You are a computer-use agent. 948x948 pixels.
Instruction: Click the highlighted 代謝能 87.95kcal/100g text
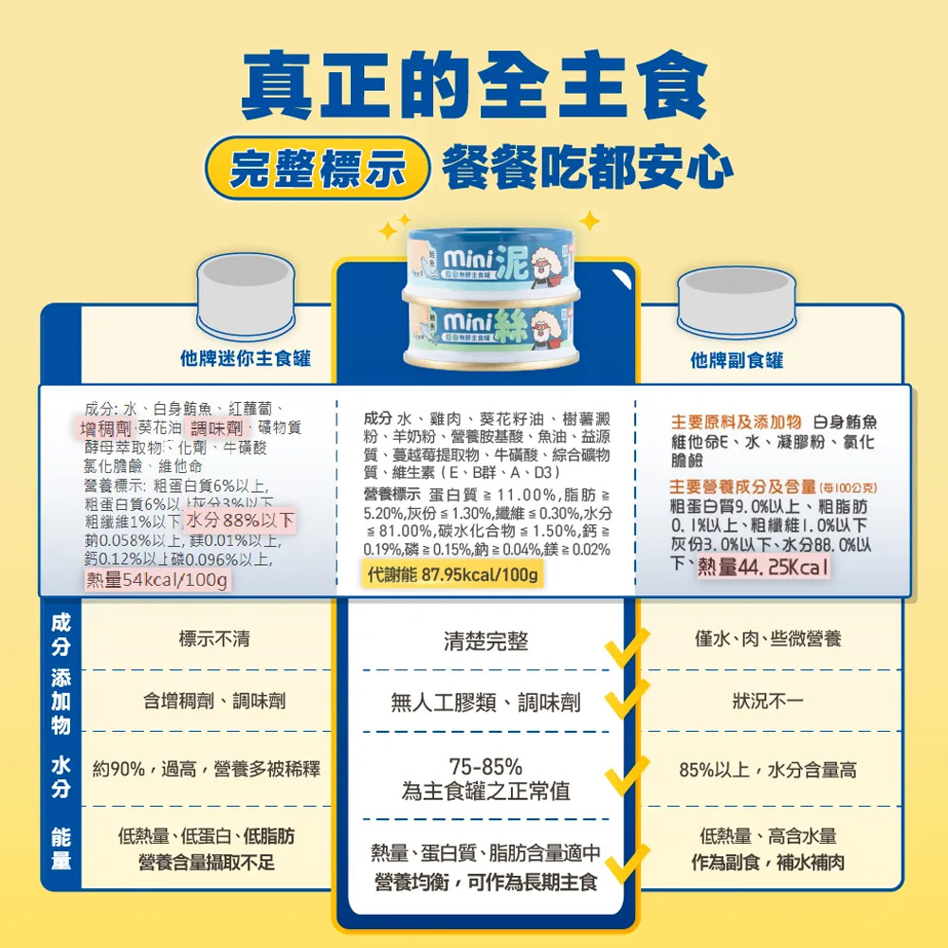tap(453, 575)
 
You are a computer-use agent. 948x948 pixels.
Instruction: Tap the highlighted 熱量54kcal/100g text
tap(156, 580)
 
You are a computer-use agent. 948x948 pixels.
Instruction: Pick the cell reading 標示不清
tap(213, 639)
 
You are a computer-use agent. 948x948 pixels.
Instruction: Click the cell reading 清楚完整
tap(485, 642)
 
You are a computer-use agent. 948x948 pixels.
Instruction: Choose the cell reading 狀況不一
tap(768, 702)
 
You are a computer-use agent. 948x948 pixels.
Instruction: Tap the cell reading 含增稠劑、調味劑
tap(213, 702)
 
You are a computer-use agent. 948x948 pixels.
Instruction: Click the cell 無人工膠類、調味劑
tap(485, 703)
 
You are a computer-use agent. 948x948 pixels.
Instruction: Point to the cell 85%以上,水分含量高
tap(768, 769)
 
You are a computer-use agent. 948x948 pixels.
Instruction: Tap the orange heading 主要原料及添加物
tap(736, 422)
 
